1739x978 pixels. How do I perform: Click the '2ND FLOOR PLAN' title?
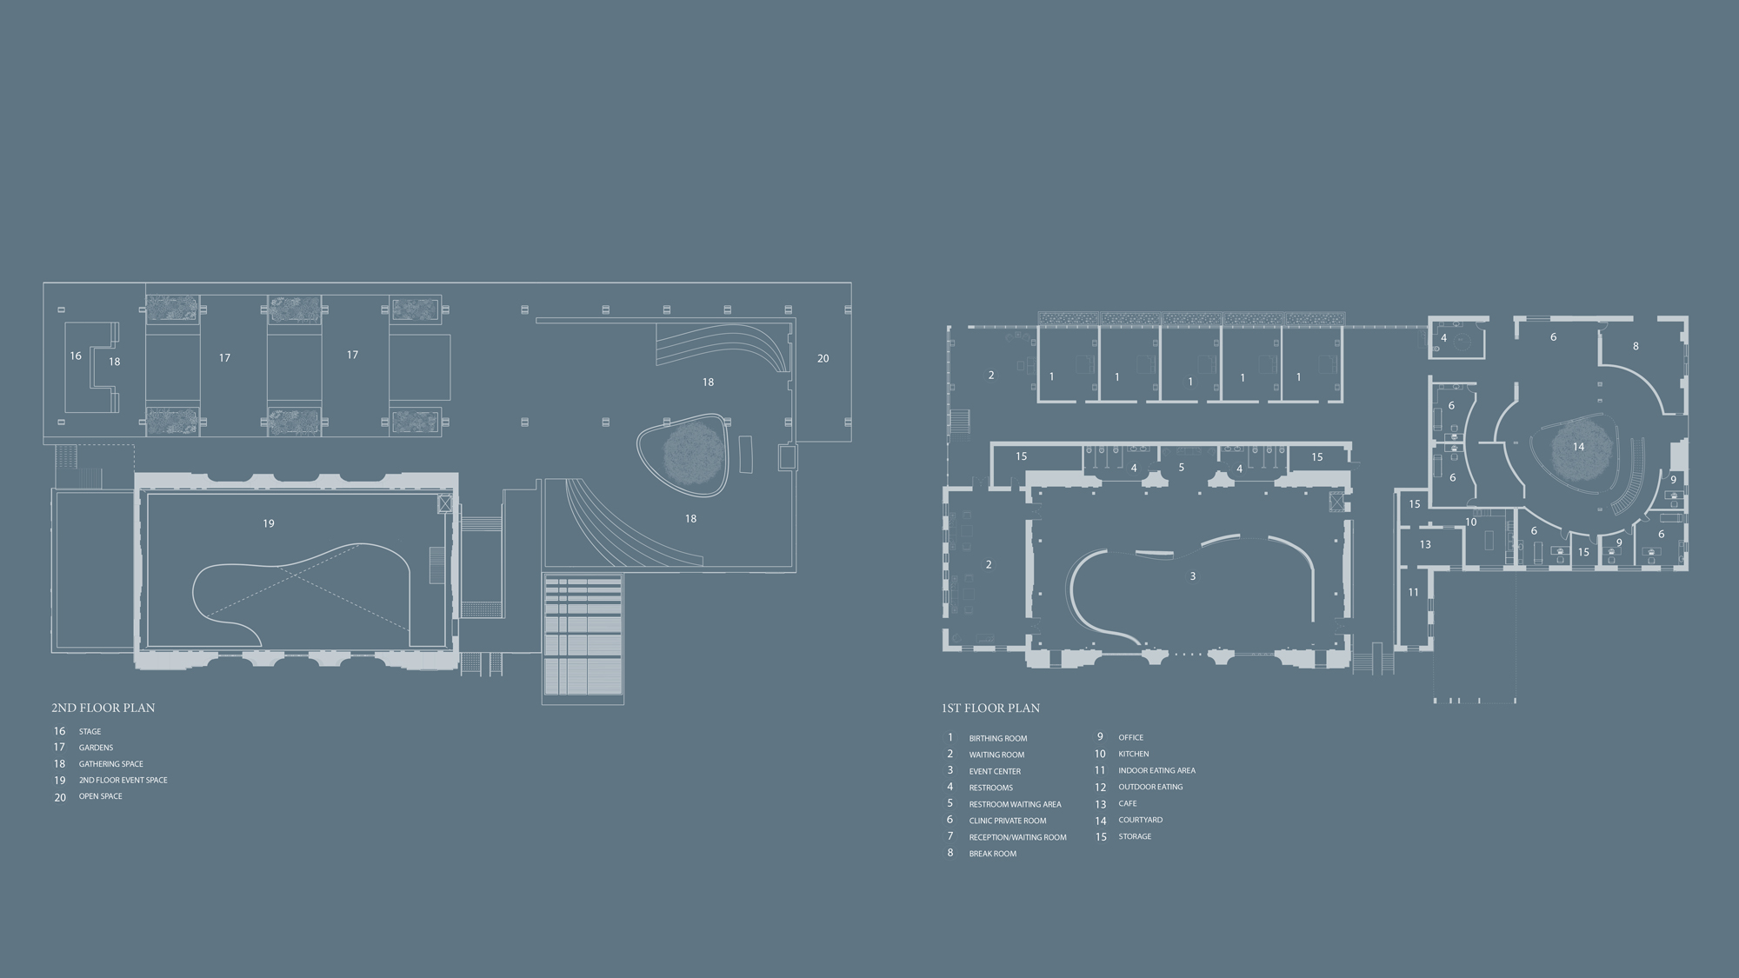[x=103, y=708]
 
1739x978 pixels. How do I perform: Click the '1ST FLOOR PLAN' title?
[x=990, y=708]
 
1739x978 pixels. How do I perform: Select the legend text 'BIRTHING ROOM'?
[x=998, y=738]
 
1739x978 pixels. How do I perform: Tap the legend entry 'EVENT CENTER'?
[x=995, y=771]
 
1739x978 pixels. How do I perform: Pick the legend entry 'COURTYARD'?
[x=1140, y=820]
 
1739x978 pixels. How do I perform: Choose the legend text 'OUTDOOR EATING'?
[x=1150, y=787]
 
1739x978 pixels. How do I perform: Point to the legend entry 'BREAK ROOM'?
[x=992, y=854]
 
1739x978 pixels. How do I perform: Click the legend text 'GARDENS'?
[x=96, y=748]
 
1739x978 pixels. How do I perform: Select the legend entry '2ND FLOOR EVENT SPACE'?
[x=123, y=780]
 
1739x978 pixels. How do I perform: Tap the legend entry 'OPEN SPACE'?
[x=100, y=796]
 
